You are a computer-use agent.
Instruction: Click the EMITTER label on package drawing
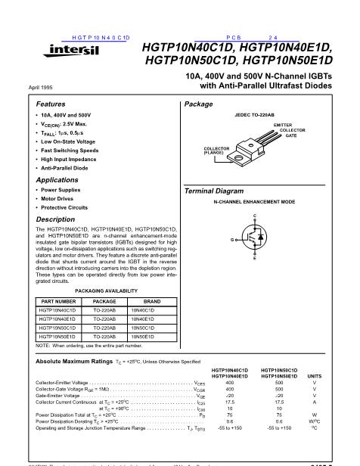coord(284,123)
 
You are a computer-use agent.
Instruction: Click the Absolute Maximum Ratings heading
coord(79,362)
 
